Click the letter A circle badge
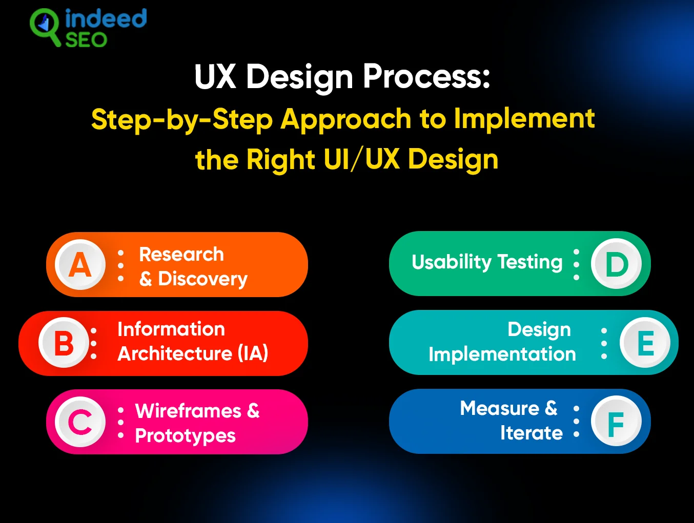80,265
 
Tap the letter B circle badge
64,343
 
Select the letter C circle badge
80,422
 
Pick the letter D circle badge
616,264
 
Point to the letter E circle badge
645,343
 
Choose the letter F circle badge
616,422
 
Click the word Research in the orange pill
181,254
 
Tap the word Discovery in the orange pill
202,279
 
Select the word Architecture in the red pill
175,353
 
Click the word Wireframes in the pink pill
188,411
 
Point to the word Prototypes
185,436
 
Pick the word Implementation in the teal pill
502,354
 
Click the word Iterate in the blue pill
532,433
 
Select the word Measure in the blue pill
499,408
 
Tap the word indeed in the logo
106,19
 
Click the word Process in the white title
426,77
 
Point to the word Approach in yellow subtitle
346,119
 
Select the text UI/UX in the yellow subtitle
361,159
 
